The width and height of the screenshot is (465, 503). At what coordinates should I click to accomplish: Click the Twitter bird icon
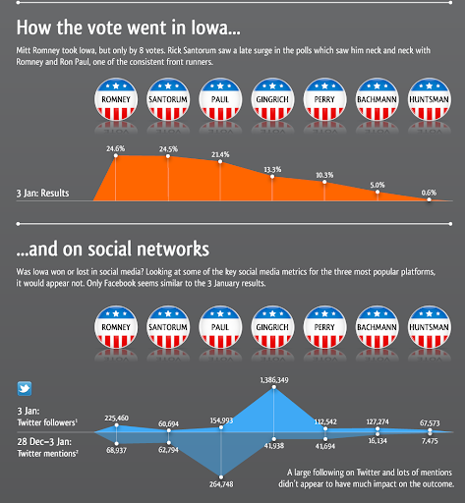point(25,388)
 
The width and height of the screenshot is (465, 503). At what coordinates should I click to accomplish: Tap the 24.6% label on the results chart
point(115,148)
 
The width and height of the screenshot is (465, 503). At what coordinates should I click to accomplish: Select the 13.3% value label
point(272,169)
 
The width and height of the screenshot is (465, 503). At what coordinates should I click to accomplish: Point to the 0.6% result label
point(429,193)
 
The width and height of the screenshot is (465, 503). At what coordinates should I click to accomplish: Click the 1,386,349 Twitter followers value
point(274,380)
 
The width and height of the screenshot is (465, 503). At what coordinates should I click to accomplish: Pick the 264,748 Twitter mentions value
point(221,484)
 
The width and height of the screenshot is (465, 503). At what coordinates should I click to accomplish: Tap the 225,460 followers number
point(116,418)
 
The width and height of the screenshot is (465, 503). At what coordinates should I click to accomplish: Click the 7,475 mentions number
point(430,441)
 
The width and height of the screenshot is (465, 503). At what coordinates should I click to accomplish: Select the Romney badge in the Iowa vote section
point(116,99)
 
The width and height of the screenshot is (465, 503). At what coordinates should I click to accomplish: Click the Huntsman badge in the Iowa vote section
point(429,99)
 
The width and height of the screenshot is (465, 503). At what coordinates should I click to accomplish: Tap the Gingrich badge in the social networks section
point(272,327)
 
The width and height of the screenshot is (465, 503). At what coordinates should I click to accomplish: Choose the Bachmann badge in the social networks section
point(377,327)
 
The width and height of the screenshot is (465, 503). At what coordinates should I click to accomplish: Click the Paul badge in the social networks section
point(220,327)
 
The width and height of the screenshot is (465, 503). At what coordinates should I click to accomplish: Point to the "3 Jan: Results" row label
point(42,194)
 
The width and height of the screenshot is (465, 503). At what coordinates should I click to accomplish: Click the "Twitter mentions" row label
point(47,454)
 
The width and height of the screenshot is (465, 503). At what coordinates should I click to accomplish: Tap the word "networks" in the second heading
point(173,249)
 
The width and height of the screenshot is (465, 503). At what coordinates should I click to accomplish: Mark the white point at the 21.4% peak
point(220,161)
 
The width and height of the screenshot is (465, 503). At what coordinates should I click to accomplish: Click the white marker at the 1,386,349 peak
point(274,387)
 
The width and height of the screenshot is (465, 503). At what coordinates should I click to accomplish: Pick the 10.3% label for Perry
point(324,175)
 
